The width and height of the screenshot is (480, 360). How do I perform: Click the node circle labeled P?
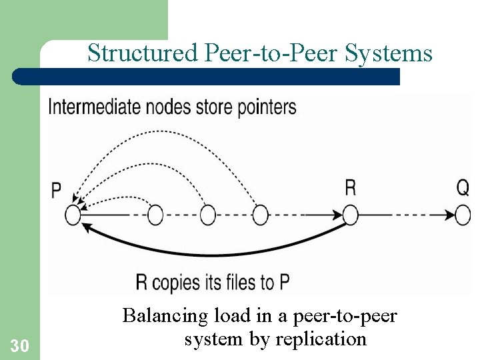pyautogui.click(x=73, y=215)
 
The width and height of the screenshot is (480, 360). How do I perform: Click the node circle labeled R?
pyautogui.click(x=350, y=215)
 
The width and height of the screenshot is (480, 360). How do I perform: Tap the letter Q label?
pyautogui.click(x=463, y=188)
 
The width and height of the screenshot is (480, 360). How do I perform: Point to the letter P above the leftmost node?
pyautogui.click(x=56, y=191)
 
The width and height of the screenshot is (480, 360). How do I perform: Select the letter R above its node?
pyautogui.click(x=350, y=188)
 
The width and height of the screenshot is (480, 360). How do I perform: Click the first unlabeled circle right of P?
pyautogui.click(x=155, y=215)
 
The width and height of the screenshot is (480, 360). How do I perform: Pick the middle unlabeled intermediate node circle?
pyautogui.click(x=207, y=215)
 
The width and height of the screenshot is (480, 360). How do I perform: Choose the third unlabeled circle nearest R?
pyautogui.click(x=260, y=215)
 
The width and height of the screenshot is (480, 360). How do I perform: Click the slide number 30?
pyautogui.click(x=19, y=346)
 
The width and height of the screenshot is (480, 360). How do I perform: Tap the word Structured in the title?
pyautogui.click(x=141, y=53)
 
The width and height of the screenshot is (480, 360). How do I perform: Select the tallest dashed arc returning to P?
pyautogui.click(x=167, y=133)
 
